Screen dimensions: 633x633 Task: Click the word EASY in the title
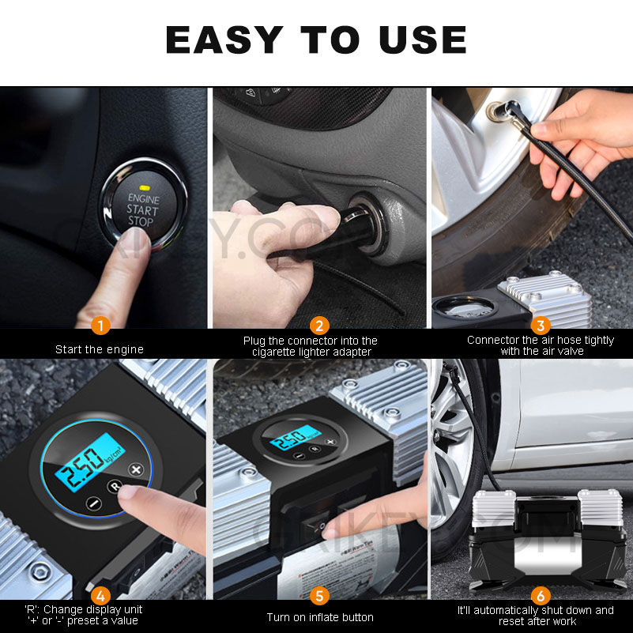pyautogui.click(x=224, y=40)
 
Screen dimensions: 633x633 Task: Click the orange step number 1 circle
pyautogui.click(x=100, y=325)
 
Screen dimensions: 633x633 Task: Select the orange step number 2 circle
pyautogui.click(x=319, y=325)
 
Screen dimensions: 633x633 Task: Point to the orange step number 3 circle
pyautogui.click(x=541, y=325)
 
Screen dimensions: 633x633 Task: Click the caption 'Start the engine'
pyautogui.click(x=100, y=349)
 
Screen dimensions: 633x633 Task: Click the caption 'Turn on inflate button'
pyautogui.click(x=319, y=617)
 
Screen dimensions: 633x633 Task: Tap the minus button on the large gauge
pyautogui.click(x=93, y=503)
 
